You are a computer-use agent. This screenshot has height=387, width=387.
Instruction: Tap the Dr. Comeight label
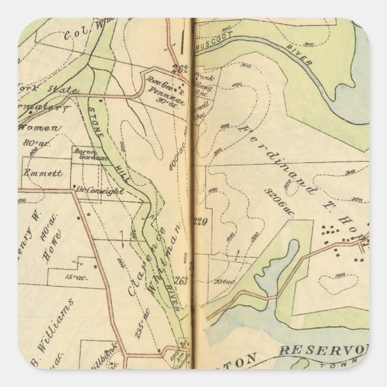pyautogui.click(x=99, y=191)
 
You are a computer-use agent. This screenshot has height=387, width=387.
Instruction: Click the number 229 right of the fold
pyautogui.click(x=200, y=222)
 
